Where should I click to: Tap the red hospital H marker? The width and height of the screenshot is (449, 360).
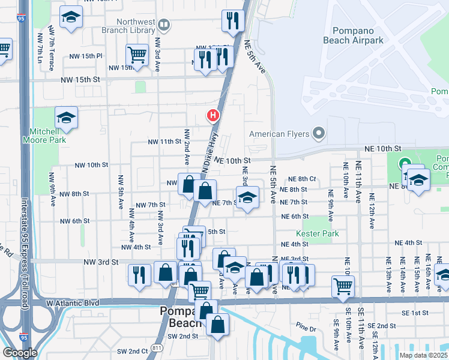212,115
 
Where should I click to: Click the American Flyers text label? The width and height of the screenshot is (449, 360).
279,134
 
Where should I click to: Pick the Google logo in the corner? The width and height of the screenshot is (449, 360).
20,353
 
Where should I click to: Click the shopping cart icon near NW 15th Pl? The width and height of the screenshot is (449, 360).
137,55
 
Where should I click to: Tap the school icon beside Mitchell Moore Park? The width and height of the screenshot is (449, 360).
66,118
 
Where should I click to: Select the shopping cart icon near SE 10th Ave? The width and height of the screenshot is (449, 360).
343,286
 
